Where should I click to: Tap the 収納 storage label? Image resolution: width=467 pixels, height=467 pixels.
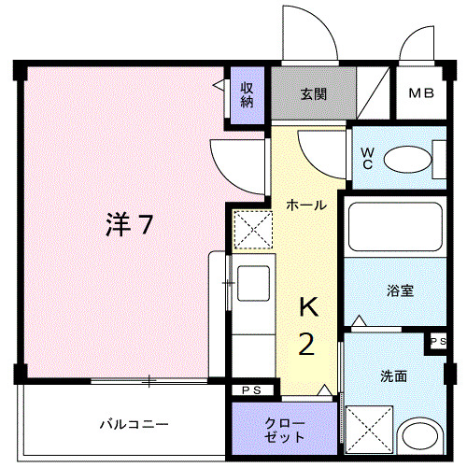point(247,95)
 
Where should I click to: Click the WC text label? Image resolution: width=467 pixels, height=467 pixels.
point(367,159)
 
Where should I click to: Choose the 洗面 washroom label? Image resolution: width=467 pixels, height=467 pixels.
point(393,376)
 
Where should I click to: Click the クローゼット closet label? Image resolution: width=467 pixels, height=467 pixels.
point(283,429)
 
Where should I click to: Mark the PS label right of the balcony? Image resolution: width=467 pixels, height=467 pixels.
point(251,389)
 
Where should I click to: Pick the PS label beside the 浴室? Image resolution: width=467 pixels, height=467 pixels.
point(438,343)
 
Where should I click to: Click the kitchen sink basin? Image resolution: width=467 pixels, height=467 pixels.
point(253,283)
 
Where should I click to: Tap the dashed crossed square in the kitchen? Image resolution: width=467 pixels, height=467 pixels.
point(251,229)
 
